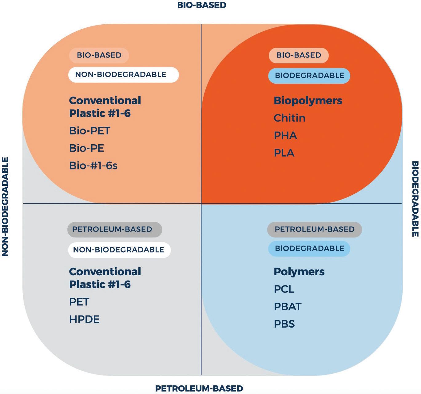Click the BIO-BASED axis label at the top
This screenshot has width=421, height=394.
pyautogui.click(x=202, y=5)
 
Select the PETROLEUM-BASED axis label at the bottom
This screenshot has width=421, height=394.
pyautogui.click(x=199, y=388)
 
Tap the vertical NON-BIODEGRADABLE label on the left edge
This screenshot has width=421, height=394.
pyautogui.click(x=5, y=207)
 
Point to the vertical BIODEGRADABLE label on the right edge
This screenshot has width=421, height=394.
pyautogui.click(x=415, y=199)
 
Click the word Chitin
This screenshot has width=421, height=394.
pyautogui.click(x=289, y=118)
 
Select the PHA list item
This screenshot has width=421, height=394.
pyautogui.click(x=285, y=136)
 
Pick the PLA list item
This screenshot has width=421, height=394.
pyautogui.click(x=284, y=153)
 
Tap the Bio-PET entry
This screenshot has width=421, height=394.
pyautogui.click(x=89, y=131)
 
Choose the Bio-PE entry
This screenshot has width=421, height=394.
pyautogui.click(x=87, y=148)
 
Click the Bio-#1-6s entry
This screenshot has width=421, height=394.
pyautogui.click(x=93, y=166)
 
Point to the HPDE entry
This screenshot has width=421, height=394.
pyautogui.click(x=84, y=319)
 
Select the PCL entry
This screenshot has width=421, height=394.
pyautogui.click(x=284, y=289)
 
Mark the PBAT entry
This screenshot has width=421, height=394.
pyautogui.click(x=288, y=307)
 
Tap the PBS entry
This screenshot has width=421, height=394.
pyautogui.click(x=284, y=324)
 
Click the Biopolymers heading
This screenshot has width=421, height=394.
pyautogui.click(x=308, y=101)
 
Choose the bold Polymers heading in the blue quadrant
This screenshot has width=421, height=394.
pyautogui.click(x=299, y=272)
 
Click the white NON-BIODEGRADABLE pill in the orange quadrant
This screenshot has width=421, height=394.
pyautogui.click(x=123, y=75)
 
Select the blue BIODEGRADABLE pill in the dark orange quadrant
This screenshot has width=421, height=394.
pyautogui.click(x=309, y=76)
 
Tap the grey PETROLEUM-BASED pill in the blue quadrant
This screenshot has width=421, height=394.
pyautogui.click(x=314, y=229)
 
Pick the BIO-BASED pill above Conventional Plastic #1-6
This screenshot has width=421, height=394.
pyautogui.click(x=99, y=55)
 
